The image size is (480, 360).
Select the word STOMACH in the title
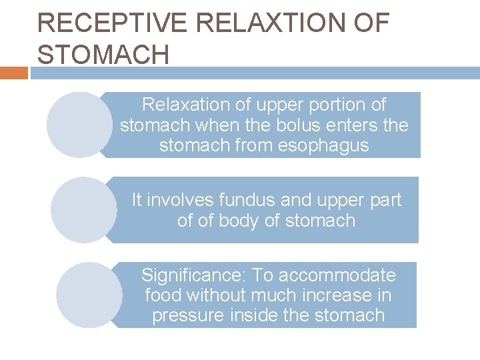click(x=103, y=55)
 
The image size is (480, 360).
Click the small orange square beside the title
click(x=13, y=73)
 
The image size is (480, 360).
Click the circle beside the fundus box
click(x=84, y=209)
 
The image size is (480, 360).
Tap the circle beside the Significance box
click(x=89, y=295)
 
